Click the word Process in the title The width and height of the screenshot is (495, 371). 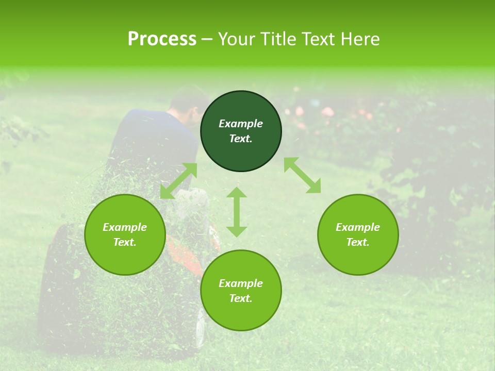pos(162,39)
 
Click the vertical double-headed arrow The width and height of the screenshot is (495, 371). pos(237,212)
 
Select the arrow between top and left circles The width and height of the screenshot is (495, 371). pos(178,180)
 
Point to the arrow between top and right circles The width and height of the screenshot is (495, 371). pos(302,175)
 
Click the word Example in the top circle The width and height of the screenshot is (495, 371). pos(241,124)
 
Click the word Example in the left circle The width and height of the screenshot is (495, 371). pos(125,227)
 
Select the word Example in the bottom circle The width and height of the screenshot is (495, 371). pos(241,283)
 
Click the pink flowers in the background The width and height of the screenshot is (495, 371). pos(327,112)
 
